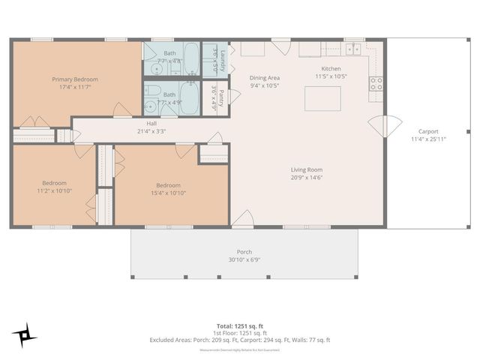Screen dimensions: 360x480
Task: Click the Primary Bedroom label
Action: (x=75, y=79)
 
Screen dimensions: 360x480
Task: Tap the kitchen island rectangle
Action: (x=322, y=98)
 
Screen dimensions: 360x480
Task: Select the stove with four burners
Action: (x=376, y=84)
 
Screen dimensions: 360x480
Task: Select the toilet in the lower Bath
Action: (x=152, y=92)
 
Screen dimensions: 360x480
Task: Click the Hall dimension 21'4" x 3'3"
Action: (x=151, y=131)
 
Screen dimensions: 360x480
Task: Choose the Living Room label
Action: (x=307, y=169)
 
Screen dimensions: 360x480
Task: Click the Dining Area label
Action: (x=264, y=77)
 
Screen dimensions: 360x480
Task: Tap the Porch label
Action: (x=244, y=252)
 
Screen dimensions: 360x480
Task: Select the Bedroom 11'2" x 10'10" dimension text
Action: (x=54, y=190)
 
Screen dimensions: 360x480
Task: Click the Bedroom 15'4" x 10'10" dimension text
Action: (x=168, y=193)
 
